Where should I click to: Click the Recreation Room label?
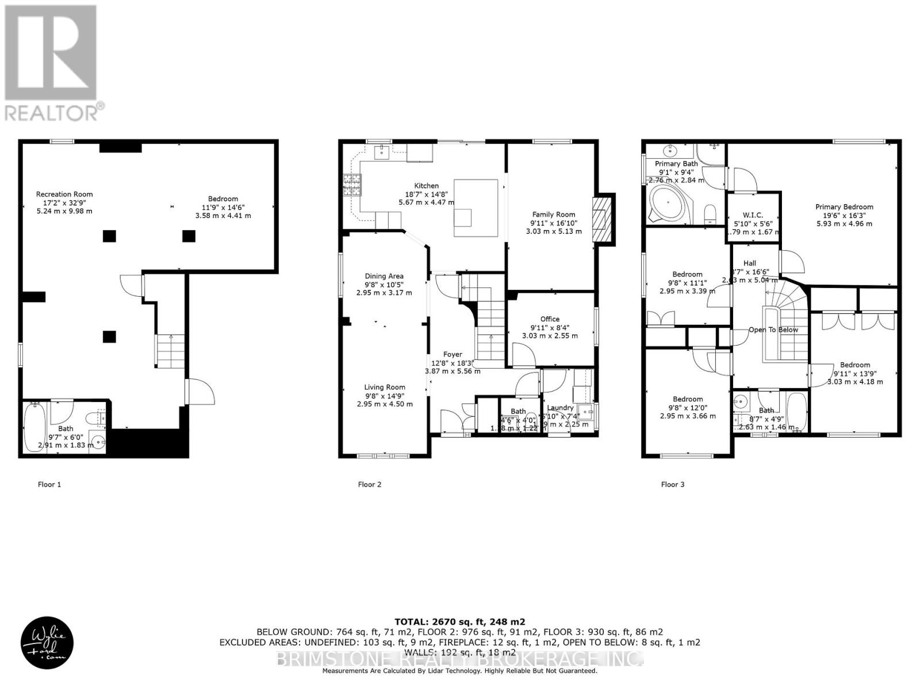tap(64, 194)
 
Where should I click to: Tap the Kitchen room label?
tap(426, 186)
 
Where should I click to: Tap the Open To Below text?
tap(773, 330)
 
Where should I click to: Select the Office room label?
tap(550, 319)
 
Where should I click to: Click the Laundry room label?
tap(559, 408)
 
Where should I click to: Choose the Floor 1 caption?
tap(49, 484)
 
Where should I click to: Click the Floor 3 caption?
tap(673, 484)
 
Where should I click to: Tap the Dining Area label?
tap(384, 276)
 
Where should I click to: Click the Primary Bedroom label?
tap(844, 207)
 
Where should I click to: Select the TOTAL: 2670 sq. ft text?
tap(459, 622)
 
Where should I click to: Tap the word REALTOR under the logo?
tap(52, 113)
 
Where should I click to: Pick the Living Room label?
tap(384, 388)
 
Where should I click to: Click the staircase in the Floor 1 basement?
tap(171, 350)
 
